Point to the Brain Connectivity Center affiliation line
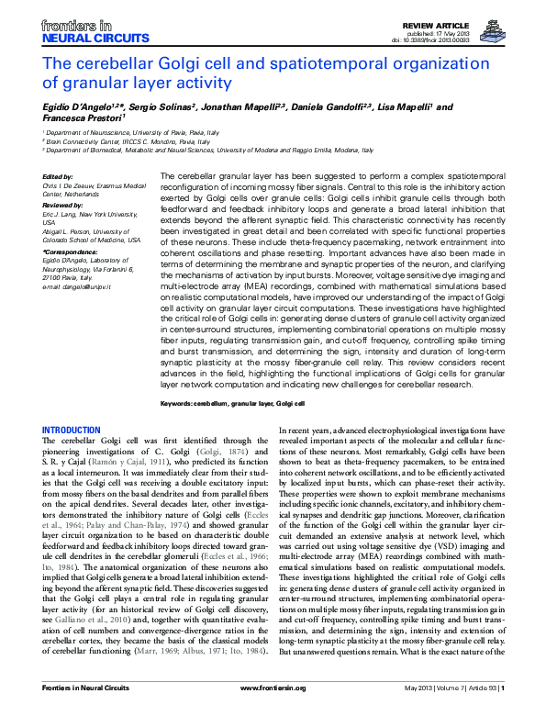coord(128,141)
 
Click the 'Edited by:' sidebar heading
coord(58,176)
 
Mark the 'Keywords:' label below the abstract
coord(179,403)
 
